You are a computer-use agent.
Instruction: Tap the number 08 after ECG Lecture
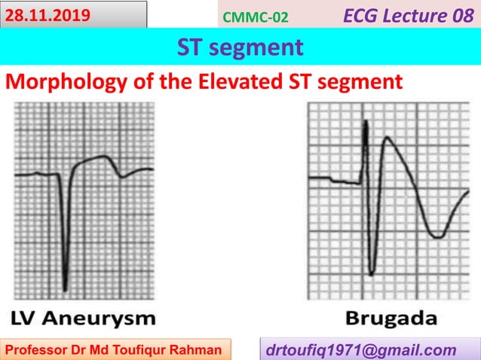click(x=462, y=14)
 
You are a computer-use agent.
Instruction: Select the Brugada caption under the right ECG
click(x=391, y=317)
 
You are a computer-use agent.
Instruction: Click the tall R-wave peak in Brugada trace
click(x=366, y=122)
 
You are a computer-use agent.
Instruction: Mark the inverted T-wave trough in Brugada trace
click(x=435, y=236)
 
